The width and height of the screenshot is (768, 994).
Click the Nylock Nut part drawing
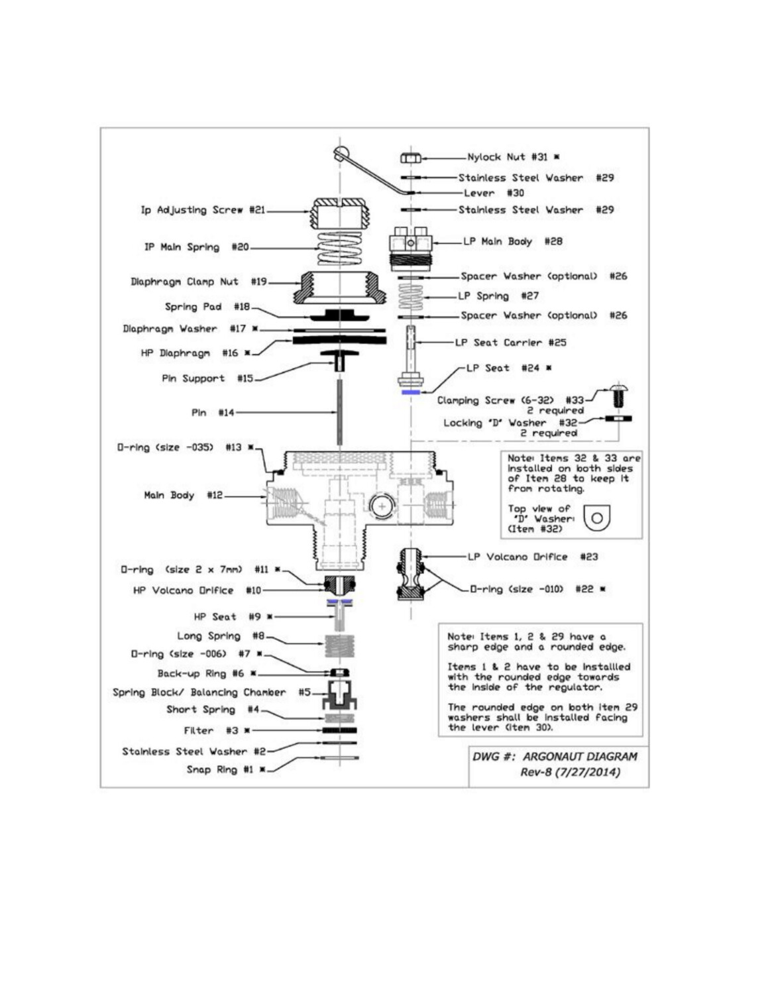pos(410,158)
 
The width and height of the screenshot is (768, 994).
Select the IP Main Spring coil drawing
pos(339,248)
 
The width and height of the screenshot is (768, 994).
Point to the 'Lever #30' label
pos(494,193)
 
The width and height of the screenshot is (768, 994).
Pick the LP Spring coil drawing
pos(411,296)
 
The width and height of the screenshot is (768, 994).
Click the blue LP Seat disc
pos(411,392)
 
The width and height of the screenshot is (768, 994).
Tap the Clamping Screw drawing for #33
pos(618,396)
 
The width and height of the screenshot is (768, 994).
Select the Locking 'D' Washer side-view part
pos(618,419)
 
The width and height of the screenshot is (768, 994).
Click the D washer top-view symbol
pos(596,518)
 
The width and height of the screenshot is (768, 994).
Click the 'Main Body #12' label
pos(184,495)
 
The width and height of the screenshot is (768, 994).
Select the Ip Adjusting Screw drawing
pos(339,213)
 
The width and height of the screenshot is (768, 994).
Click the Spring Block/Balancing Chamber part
pos(339,694)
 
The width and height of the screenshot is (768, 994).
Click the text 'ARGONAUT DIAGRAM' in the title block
pos(580,756)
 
